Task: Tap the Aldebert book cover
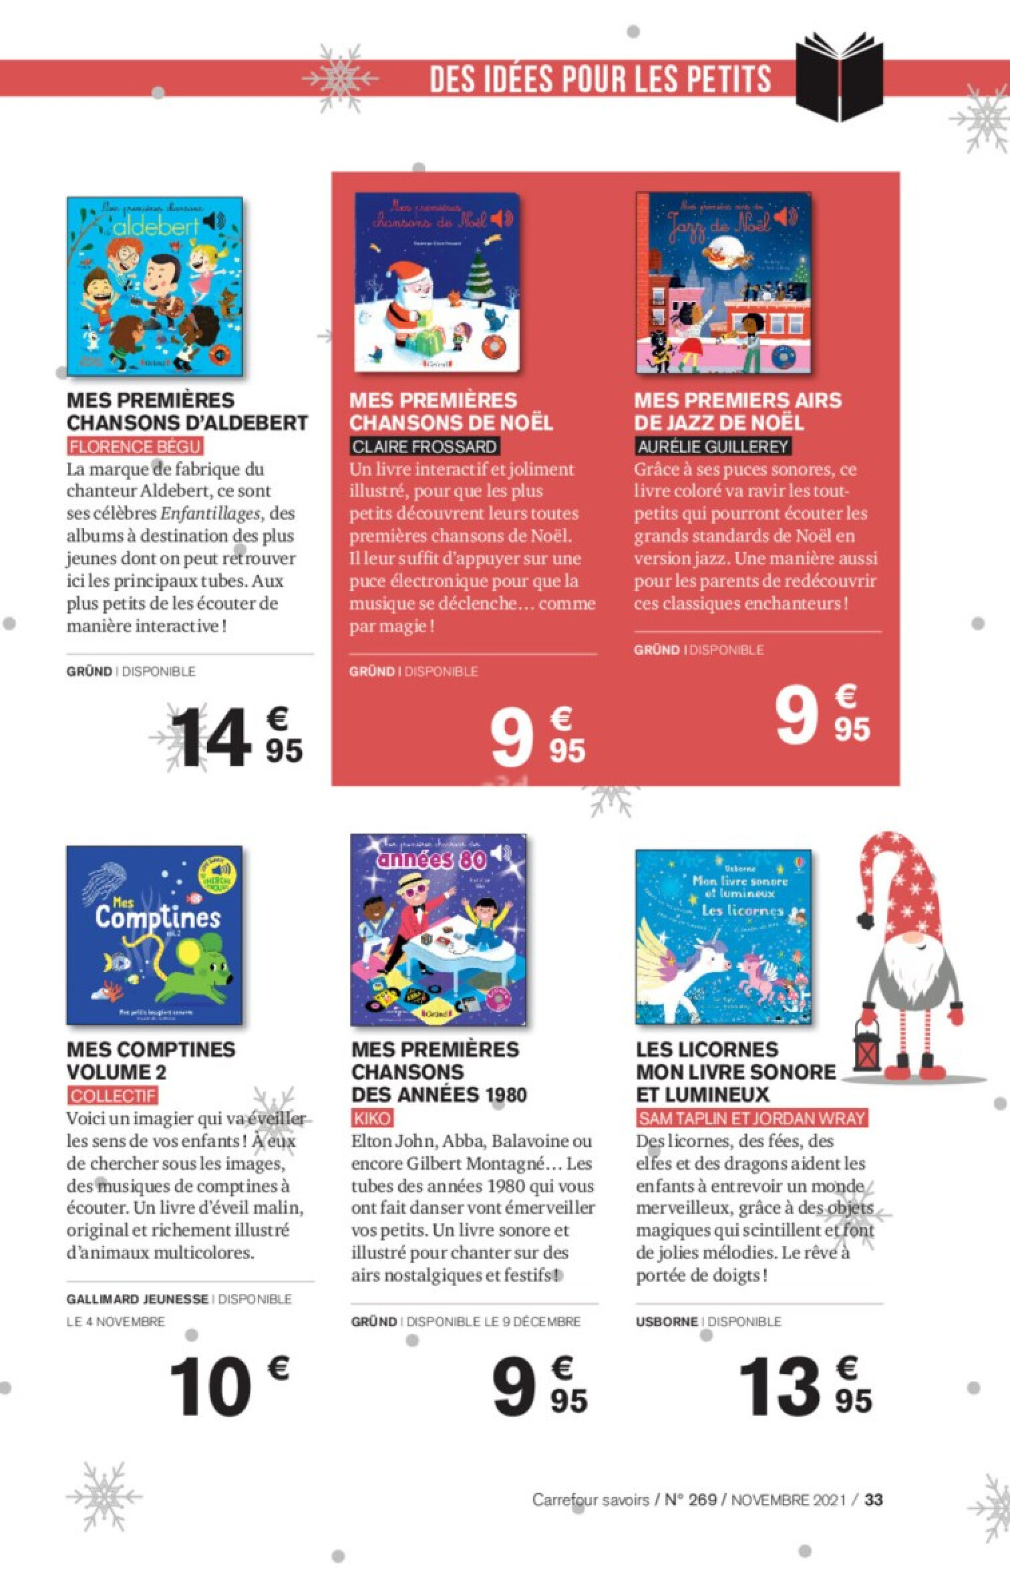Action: tap(155, 285)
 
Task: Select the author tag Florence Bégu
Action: tap(136, 446)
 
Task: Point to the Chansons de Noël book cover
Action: tap(438, 283)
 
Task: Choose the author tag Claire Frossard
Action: tap(424, 446)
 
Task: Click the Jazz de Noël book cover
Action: tap(723, 282)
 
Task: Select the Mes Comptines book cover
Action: tap(154, 935)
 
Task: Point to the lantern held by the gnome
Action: tap(867, 1063)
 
